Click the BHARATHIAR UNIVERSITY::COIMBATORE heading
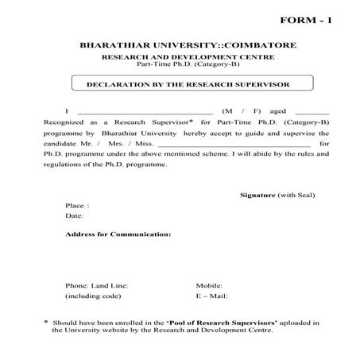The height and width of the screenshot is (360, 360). tap(179, 46)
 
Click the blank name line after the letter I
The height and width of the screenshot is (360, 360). tap(146, 112)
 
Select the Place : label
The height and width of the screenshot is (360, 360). tap(77, 205)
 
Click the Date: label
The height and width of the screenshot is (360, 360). tap(75, 215)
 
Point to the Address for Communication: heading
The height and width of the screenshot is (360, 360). tap(118, 234)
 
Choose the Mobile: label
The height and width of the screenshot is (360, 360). tap(209, 284)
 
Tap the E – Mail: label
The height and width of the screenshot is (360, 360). tap(212, 296)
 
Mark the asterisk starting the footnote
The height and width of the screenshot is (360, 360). tap(46, 321)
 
